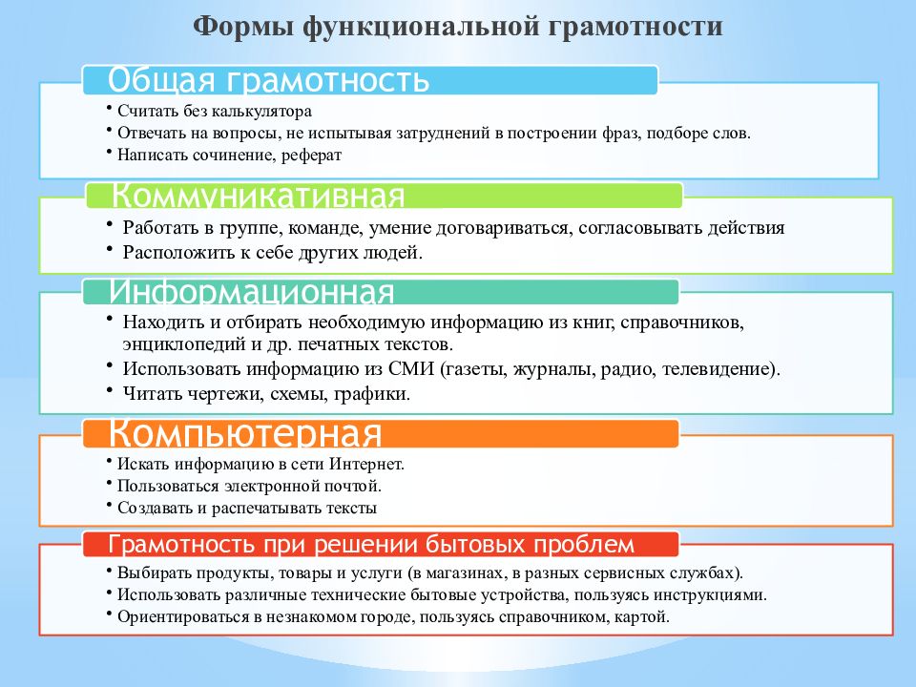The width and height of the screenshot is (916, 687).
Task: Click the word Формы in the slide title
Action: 242,27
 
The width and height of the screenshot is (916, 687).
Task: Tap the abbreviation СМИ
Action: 411,368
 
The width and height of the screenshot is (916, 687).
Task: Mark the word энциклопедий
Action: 184,344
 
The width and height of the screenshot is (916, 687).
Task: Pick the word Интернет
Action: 366,464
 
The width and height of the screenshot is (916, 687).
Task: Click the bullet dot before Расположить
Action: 109,248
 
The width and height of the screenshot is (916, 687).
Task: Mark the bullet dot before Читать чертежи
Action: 109,389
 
